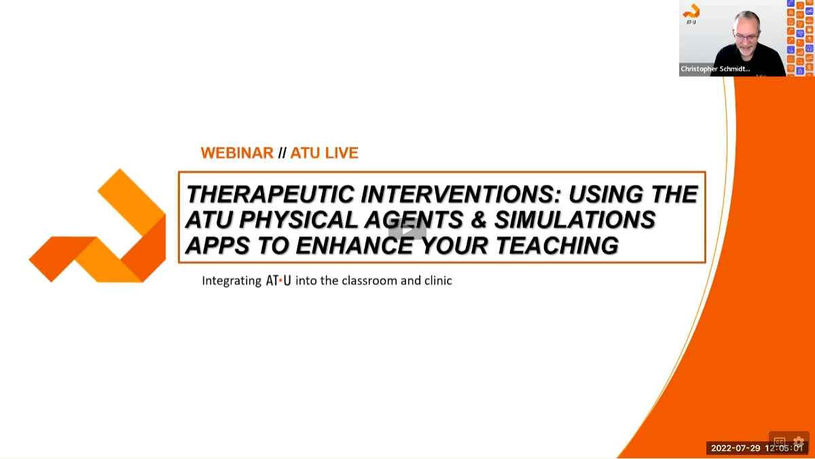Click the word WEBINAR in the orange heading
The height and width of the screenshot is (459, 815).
(237, 153)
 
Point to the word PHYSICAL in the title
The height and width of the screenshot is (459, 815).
(295, 220)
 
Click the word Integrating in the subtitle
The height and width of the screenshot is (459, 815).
(231, 280)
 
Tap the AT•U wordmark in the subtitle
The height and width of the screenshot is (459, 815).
(278, 280)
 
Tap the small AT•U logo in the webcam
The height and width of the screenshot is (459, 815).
(691, 13)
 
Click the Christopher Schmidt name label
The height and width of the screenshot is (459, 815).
(715, 69)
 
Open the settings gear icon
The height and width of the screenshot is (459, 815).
(799, 441)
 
